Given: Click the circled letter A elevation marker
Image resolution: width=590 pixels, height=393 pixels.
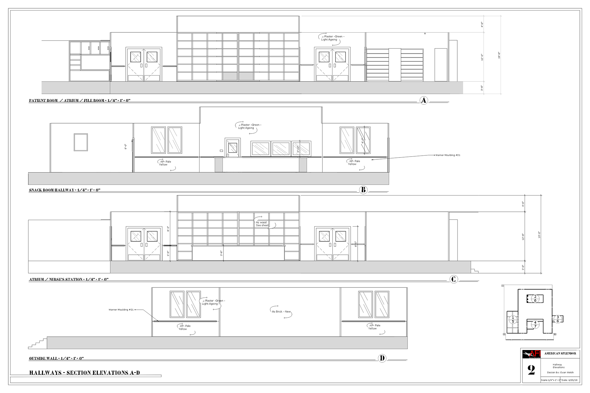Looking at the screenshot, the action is coord(424,100).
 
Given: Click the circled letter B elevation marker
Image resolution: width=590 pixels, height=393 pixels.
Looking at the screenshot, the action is coord(363,190).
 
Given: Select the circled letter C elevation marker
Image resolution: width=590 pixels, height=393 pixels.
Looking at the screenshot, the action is coord(454,279).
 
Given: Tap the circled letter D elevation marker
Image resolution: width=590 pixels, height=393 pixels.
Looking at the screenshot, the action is coord(382,358).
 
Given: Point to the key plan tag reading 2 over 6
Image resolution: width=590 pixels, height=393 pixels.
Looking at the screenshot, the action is coord(535,298).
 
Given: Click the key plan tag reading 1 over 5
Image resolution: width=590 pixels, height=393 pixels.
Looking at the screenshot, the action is coord(513,320).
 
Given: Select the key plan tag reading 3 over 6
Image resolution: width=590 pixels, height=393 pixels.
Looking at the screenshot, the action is coord(558,319).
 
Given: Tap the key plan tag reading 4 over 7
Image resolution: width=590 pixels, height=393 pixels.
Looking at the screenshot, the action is coord(535,325).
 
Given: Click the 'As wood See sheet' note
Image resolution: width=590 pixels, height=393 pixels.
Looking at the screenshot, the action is coord(262,224).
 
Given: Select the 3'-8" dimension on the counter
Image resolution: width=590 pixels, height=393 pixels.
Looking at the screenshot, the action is coord(221,253).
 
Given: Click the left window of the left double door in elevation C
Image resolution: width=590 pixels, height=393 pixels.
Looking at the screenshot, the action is coord(136,236).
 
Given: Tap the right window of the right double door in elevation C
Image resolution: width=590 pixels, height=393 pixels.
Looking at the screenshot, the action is coord(340,236).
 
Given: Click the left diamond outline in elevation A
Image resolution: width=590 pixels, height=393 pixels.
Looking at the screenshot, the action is coord(144,65).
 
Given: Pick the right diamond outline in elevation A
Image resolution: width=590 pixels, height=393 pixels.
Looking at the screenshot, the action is coord(332,65).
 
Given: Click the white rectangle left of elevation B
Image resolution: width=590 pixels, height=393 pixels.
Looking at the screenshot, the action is coord(97,162).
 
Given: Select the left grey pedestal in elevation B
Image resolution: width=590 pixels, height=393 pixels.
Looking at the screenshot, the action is coord(218,165).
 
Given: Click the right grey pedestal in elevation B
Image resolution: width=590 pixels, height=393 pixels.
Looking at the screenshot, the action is coord(303,165).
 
